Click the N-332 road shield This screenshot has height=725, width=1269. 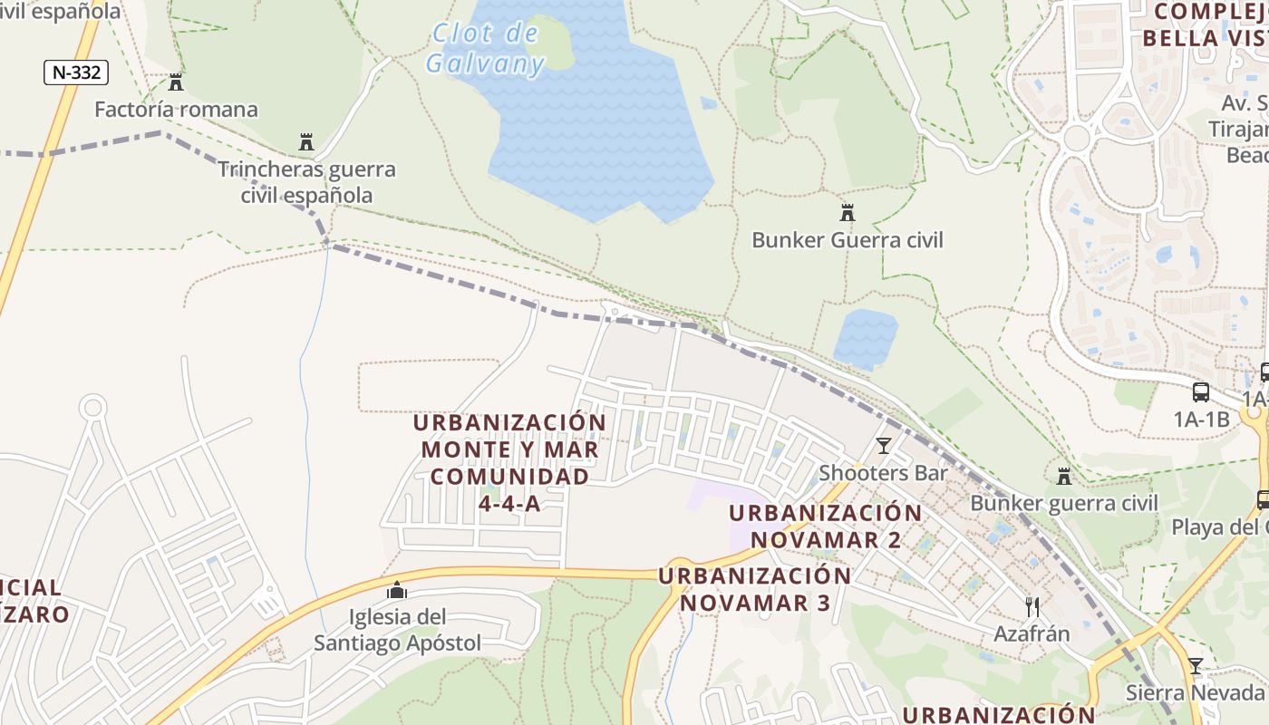(76, 72)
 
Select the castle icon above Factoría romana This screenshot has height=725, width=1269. (176, 82)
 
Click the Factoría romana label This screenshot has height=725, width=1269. (177, 110)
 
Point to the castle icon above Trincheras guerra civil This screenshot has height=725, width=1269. (306, 142)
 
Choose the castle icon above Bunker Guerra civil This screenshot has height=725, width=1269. (848, 213)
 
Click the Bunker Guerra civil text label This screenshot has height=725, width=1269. (848, 240)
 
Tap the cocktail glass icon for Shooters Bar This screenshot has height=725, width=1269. (884, 445)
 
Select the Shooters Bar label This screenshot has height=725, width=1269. (884, 473)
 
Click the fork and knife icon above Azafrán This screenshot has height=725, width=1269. (1032, 606)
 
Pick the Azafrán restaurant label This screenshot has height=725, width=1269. (1032, 633)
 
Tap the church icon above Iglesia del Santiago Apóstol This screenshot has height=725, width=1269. (397, 591)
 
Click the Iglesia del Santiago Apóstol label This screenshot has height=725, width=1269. (398, 631)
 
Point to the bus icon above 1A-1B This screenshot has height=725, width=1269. (1201, 392)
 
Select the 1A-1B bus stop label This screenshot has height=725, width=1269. (1201, 420)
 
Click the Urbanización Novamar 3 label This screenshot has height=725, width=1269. (755, 589)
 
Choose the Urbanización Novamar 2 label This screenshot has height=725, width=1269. (826, 526)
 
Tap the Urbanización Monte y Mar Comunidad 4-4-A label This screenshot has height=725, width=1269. (509, 462)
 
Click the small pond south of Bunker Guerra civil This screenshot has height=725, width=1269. (866, 338)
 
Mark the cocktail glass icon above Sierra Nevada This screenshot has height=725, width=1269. (1196, 666)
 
